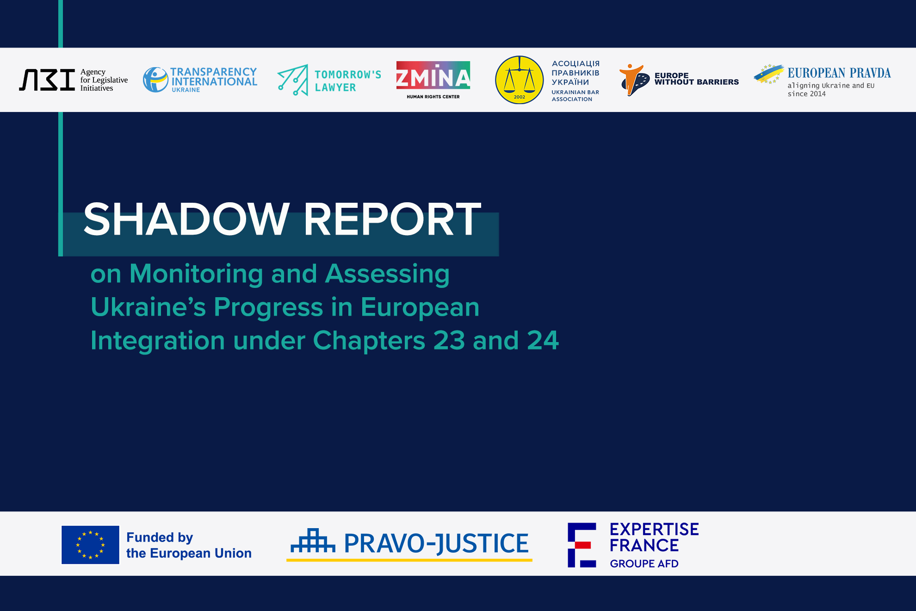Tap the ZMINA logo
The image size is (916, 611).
coord(433,80)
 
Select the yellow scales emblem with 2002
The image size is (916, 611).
coord(519,80)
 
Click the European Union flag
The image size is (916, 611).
coord(90,545)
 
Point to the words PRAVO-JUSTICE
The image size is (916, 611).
coord(436,543)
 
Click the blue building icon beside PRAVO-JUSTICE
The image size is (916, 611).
coord(313,541)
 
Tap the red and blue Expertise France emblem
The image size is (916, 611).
coord(582,545)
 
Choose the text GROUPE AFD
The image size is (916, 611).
coord(644,563)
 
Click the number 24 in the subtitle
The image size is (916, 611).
coord(543,341)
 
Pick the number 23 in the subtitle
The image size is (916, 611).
coord(449,341)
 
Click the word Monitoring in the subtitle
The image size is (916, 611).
coord(196,274)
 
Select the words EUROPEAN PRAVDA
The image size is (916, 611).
coord(839,73)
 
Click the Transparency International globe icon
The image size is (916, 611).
coord(155,80)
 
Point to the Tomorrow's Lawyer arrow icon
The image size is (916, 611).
coord(293,80)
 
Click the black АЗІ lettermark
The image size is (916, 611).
coord(47,80)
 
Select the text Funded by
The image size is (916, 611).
coord(160,537)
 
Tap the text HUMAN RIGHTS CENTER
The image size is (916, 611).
coord(433,97)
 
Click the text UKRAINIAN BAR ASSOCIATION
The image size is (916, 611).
coord(575,95)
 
